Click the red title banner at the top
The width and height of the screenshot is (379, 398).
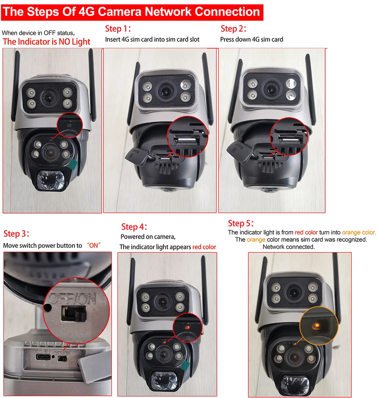(x=132, y=11)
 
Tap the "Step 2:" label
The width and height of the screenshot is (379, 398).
(x=233, y=29)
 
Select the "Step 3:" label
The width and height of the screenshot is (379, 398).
(x=16, y=233)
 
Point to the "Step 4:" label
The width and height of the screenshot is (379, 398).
(x=134, y=227)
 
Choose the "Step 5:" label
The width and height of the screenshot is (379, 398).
(x=241, y=223)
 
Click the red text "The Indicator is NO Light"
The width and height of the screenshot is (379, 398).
(x=47, y=42)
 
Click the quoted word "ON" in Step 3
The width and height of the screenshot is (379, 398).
(x=93, y=245)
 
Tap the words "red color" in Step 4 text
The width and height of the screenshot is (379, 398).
(x=204, y=247)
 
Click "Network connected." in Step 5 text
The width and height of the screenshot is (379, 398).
(x=288, y=247)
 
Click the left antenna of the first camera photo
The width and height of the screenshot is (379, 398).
(x=16, y=87)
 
